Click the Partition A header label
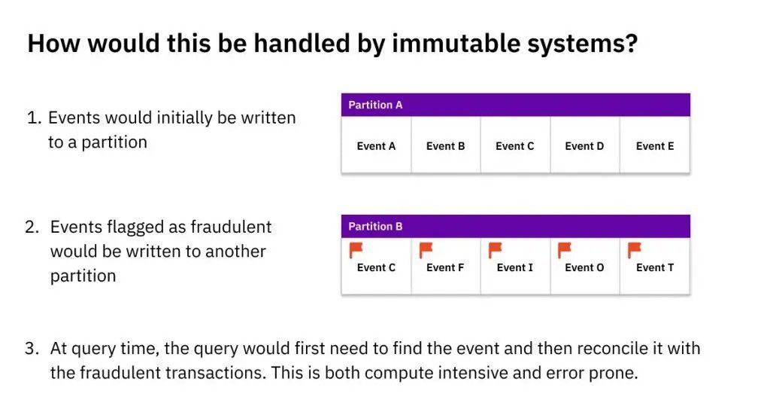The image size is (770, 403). tap(375, 105)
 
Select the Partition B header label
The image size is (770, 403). tap(375, 226)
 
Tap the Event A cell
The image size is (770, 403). tap(376, 145)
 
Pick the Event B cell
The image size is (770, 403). tap(445, 145)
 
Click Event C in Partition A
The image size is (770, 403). tap(514, 145)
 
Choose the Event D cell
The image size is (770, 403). tap(584, 145)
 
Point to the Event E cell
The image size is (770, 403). tap(655, 145)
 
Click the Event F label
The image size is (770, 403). tap(445, 267)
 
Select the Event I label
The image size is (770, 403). tap(514, 267)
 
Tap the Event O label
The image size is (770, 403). tap(584, 267)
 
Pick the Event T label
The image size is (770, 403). tap(655, 267)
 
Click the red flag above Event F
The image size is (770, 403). tap(426, 250)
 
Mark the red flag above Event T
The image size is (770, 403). tap(635, 250)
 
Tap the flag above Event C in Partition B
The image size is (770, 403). tap(356, 250)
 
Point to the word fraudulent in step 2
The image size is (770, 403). tap(231, 227)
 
